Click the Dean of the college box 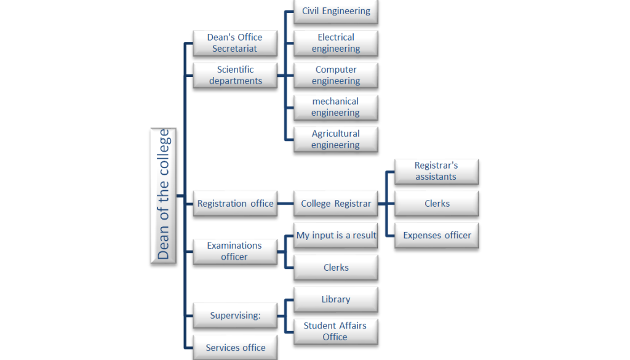tap(163, 196)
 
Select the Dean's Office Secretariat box tap(235, 43)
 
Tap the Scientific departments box tap(235, 75)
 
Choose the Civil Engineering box tap(336, 11)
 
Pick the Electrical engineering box tap(336, 43)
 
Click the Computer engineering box tap(336, 75)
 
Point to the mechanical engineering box tap(336, 107)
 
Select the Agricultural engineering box tap(336, 139)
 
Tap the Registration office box tap(235, 204)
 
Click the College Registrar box tap(336, 204)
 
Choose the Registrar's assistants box tap(436, 171)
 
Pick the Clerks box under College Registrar tap(436, 204)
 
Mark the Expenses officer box tap(436, 235)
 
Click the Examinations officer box tap(235, 251)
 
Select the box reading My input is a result tap(336, 236)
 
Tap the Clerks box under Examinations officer tap(336, 268)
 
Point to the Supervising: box tap(235, 316)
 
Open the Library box tap(336, 300)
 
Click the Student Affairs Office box tap(336, 331)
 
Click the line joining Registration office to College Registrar tap(285, 204)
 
